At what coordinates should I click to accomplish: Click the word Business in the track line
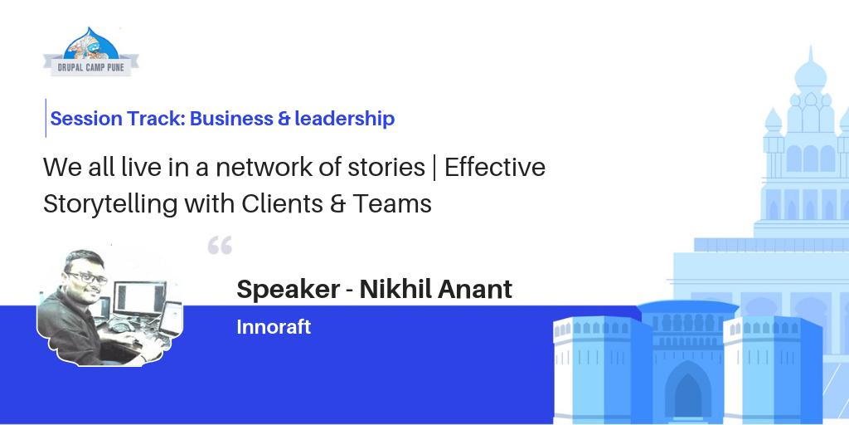230,119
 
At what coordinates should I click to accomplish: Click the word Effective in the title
495,168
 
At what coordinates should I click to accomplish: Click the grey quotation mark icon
220,246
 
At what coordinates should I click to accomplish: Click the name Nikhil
392,290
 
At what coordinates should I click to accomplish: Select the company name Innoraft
274,327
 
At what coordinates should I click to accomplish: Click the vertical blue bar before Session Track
46,118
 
